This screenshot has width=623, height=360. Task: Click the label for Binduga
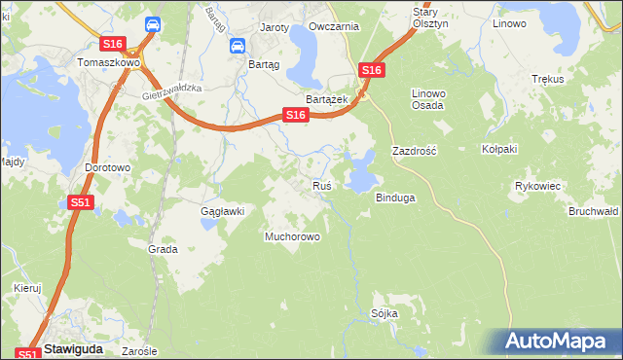(x=395, y=198)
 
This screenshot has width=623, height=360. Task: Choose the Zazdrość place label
(x=415, y=152)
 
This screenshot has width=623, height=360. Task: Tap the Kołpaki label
(x=498, y=149)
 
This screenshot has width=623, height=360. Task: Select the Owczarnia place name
(x=333, y=27)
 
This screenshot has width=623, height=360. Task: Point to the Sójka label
(x=385, y=313)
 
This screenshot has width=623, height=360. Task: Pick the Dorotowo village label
(x=107, y=167)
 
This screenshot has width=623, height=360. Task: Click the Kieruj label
(x=27, y=288)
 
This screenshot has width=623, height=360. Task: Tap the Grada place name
(x=163, y=249)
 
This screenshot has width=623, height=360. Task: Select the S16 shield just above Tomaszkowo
(x=112, y=44)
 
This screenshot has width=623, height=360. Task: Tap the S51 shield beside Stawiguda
(x=27, y=355)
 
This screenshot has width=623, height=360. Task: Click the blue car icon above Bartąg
(x=237, y=46)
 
